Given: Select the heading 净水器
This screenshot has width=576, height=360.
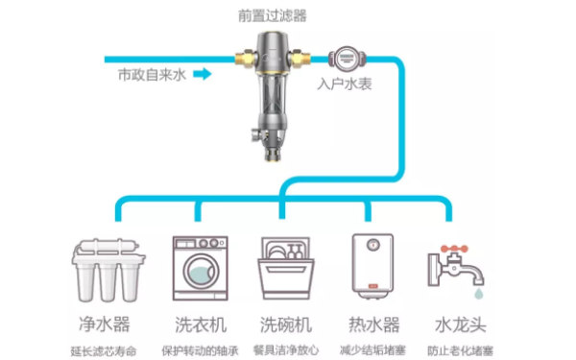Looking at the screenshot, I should pyautogui.click(x=104, y=323).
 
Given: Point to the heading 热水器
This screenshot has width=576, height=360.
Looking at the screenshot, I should pyautogui.click(x=372, y=323).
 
